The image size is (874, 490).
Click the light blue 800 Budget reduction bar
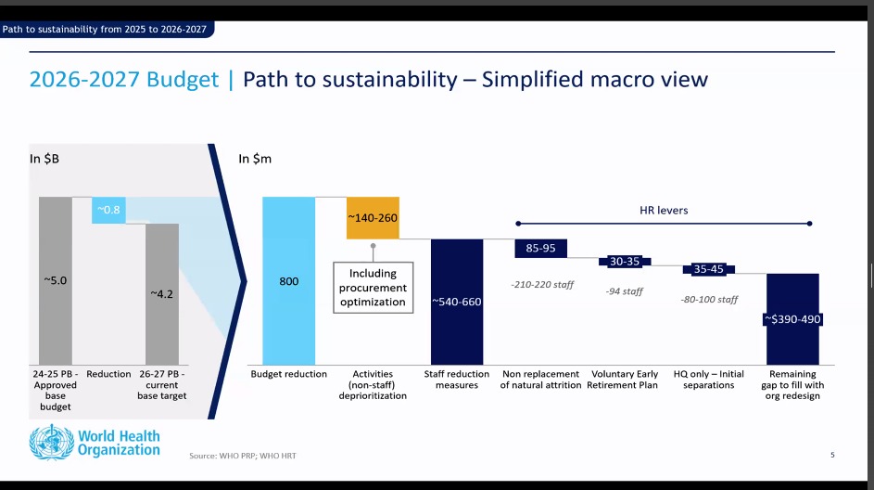tap(289, 280)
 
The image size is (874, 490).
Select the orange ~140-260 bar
tap(373, 218)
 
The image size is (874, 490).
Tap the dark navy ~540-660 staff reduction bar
tap(457, 302)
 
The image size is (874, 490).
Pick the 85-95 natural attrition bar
tap(540, 249)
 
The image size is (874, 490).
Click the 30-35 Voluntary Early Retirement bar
tap(625, 261)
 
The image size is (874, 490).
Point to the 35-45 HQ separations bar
tap(708, 269)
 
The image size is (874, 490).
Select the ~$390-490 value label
tap(792, 319)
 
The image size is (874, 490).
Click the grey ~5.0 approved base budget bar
tap(56, 280)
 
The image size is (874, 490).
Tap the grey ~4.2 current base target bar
tap(162, 294)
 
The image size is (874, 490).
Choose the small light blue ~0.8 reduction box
tap(108, 210)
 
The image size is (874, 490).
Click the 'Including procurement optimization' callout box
tap(373, 288)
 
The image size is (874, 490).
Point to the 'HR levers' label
tap(664, 211)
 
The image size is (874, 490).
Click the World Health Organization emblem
tap(51, 443)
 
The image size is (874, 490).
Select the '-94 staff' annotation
tap(625, 291)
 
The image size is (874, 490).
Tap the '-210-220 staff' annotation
tap(542, 285)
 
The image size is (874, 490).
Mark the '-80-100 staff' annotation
tap(709, 300)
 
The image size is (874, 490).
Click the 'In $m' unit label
tap(255, 159)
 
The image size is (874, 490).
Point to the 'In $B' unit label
tap(44, 159)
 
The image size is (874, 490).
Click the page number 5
tap(832, 455)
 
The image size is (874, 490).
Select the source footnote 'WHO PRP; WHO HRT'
tap(258, 456)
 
